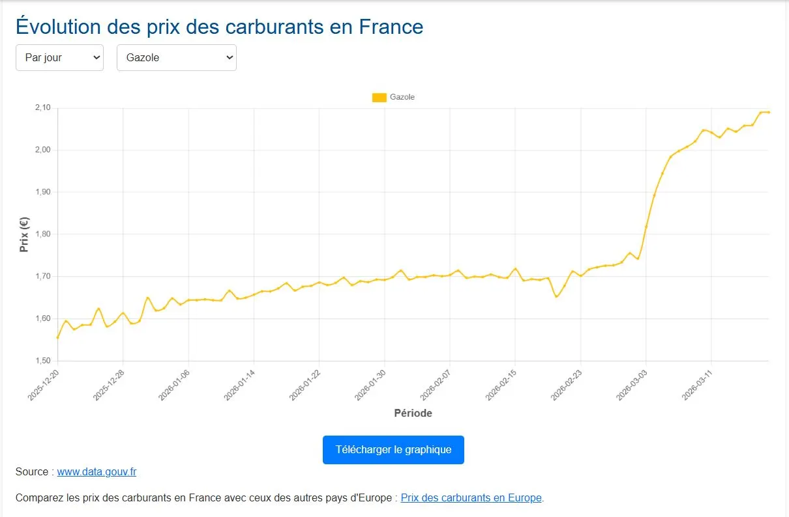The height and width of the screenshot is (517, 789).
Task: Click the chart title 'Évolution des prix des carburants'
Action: [219, 27]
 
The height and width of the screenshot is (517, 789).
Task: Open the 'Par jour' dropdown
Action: [59, 57]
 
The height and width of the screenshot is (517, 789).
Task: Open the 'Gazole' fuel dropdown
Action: [176, 57]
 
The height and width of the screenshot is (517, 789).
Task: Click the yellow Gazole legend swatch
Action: [379, 97]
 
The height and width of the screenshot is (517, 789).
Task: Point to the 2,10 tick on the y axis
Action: [42, 108]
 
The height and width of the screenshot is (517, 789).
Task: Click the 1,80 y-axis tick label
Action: [42, 234]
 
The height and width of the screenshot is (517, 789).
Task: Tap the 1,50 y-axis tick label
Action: [42, 361]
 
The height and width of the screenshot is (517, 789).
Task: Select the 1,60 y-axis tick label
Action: [42, 318]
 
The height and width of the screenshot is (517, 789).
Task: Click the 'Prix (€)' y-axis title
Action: [24, 234]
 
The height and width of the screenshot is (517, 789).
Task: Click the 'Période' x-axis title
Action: [413, 413]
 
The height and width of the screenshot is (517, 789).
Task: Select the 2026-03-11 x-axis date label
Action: [697, 384]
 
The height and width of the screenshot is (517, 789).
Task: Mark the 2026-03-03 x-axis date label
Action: [632, 384]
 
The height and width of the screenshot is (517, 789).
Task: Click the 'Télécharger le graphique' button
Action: [393, 450]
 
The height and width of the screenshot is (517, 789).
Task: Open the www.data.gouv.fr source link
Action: [97, 472]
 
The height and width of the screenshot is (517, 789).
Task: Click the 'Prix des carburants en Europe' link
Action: [471, 498]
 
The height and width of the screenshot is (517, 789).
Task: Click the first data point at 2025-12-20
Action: [58, 337]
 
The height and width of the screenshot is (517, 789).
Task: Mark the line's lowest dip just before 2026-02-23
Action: [556, 297]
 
